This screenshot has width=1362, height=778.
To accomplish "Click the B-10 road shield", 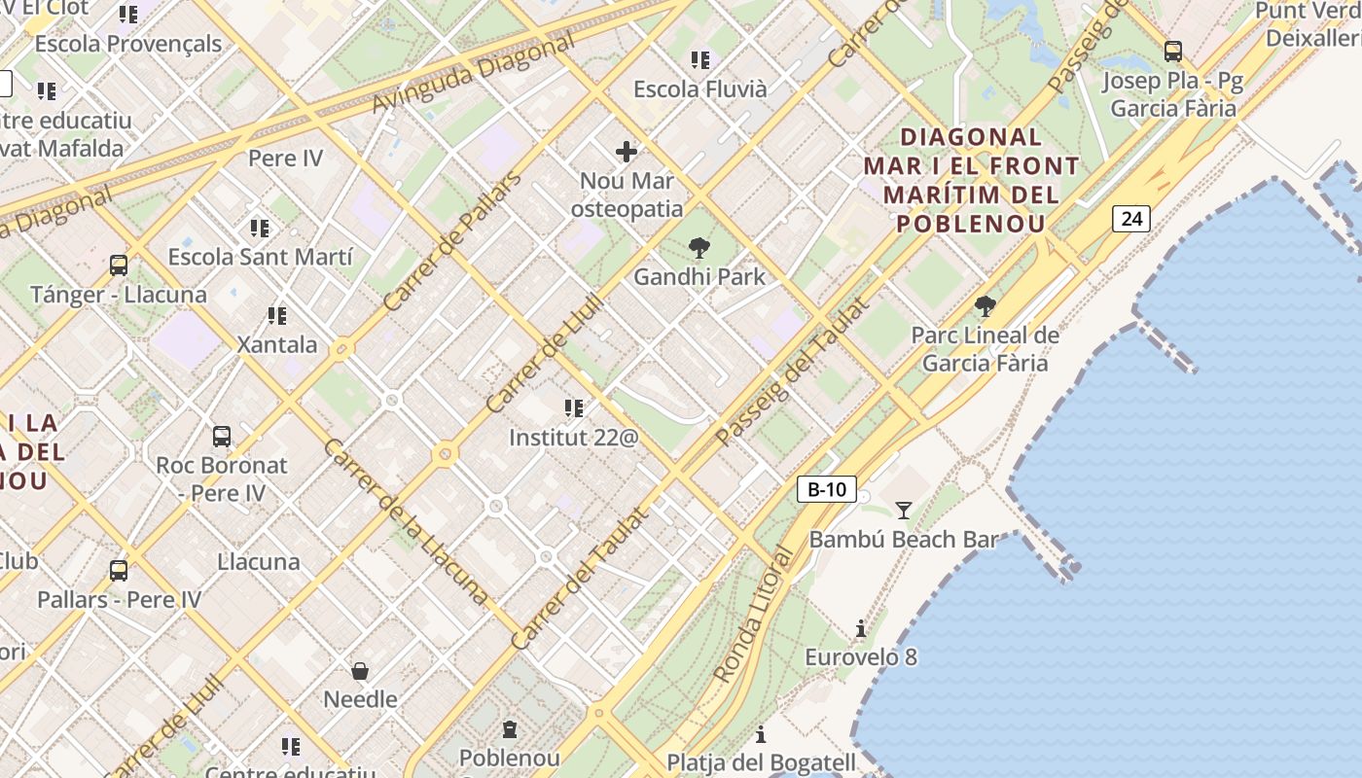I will [x=827, y=489].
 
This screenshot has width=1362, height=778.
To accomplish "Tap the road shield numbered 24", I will [x=1130, y=219].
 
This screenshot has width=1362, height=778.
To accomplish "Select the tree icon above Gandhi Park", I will [x=699, y=248].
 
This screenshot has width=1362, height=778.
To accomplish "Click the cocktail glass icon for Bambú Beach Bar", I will [x=904, y=510].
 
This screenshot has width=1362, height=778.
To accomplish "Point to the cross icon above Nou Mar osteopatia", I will [x=627, y=151].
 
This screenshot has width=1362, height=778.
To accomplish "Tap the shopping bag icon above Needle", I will [x=360, y=671].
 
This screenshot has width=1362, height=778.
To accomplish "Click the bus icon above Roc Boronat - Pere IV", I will [x=222, y=437].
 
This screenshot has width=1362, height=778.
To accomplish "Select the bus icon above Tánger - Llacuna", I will [x=119, y=265].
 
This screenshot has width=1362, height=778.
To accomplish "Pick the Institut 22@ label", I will [x=574, y=438].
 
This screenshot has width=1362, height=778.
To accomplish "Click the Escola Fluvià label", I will [x=700, y=89].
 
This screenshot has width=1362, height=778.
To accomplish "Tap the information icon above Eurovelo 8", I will [x=861, y=629].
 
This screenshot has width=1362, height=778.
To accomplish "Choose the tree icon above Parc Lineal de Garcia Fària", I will [x=985, y=307].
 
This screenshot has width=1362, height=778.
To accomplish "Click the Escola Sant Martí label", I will [x=260, y=258].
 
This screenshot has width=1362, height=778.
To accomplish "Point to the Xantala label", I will [x=277, y=345].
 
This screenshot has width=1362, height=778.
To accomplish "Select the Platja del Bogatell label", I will [x=761, y=762].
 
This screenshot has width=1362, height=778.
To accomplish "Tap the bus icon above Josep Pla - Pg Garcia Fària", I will [x=1173, y=52].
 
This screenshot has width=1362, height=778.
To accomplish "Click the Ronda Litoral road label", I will [x=755, y=615].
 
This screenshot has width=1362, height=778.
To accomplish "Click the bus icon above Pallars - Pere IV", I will [x=119, y=571].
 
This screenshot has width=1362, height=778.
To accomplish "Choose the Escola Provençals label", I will [x=128, y=44].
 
